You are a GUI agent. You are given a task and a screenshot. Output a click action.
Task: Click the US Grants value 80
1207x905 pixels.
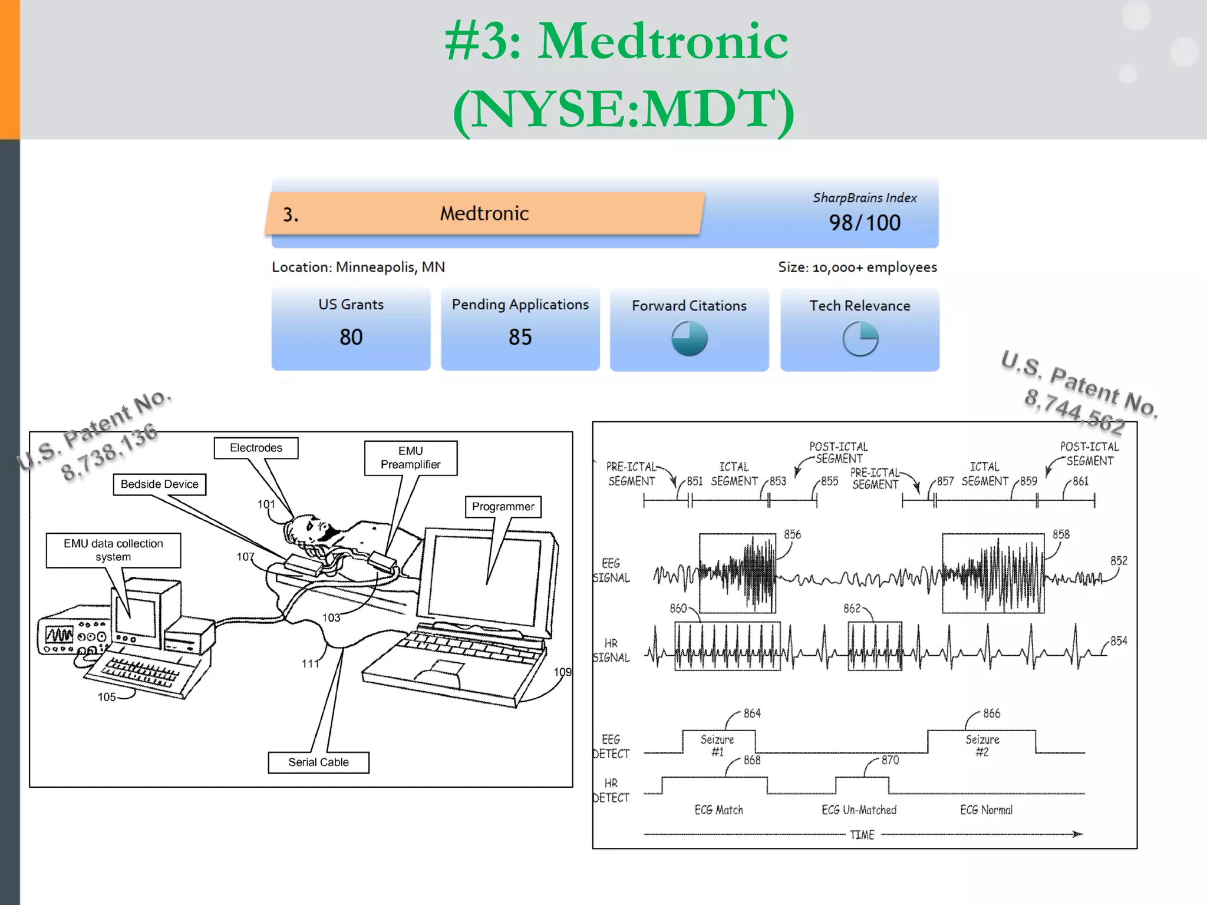pos(351,337)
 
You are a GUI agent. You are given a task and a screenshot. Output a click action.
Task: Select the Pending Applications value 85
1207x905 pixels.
pos(520,337)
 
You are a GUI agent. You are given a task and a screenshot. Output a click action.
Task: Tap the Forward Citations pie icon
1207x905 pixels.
pos(689,338)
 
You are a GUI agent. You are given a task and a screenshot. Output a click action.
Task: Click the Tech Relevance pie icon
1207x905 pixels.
pos(860,338)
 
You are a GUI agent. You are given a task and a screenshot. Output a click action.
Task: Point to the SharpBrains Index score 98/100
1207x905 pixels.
pos(864,223)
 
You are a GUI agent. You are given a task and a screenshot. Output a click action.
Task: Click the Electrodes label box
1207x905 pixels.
pos(256,448)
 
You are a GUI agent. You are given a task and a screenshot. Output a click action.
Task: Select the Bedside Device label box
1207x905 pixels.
pos(159,484)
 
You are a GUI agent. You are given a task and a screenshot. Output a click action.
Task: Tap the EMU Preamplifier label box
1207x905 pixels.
pos(410,458)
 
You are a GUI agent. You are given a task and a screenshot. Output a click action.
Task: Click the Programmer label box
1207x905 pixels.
pos(503,507)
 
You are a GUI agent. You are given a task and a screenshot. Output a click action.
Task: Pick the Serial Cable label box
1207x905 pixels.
pos(318,762)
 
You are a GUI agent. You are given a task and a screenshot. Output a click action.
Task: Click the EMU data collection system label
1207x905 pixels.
pos(113,550)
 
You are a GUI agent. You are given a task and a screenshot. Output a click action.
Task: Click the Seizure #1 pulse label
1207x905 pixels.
pos(717,745)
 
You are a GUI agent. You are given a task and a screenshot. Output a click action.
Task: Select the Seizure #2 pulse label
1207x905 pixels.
pos(982,745)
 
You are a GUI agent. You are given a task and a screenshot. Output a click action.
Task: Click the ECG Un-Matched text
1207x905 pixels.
pos(859,810)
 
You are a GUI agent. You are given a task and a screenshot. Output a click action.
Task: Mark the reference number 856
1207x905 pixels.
pos(792,534)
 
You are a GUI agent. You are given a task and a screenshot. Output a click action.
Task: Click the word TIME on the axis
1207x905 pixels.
pos(862,835)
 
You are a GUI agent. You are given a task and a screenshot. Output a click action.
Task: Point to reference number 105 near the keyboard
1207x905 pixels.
pos(107,697)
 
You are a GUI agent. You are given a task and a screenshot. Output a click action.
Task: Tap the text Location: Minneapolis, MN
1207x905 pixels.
pos(358,267)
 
